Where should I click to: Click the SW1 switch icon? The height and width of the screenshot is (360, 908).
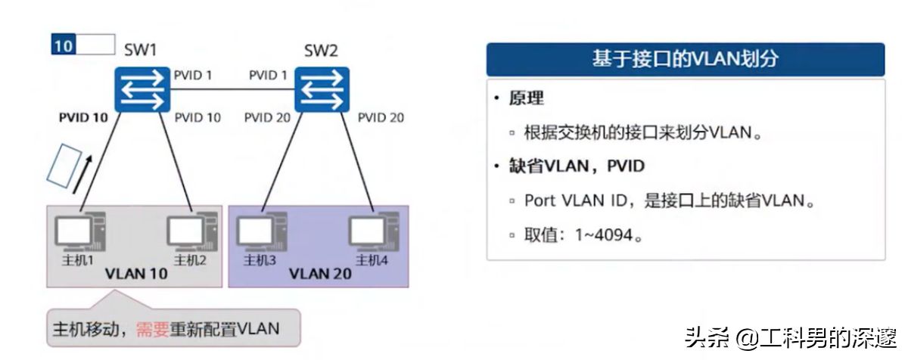(140, 88)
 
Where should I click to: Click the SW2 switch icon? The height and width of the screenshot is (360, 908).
(321, 88)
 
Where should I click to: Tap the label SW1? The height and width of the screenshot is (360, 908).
(141, 51)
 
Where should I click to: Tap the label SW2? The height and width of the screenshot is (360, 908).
(321, 51)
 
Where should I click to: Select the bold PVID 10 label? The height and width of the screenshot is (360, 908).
(83, 118)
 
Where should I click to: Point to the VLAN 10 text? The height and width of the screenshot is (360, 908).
(136, 273)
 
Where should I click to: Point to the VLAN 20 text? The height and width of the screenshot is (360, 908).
(320, 273)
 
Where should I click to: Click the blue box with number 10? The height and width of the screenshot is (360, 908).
(64, 45)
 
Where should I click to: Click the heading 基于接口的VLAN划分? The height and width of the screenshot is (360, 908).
(685, 60)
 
